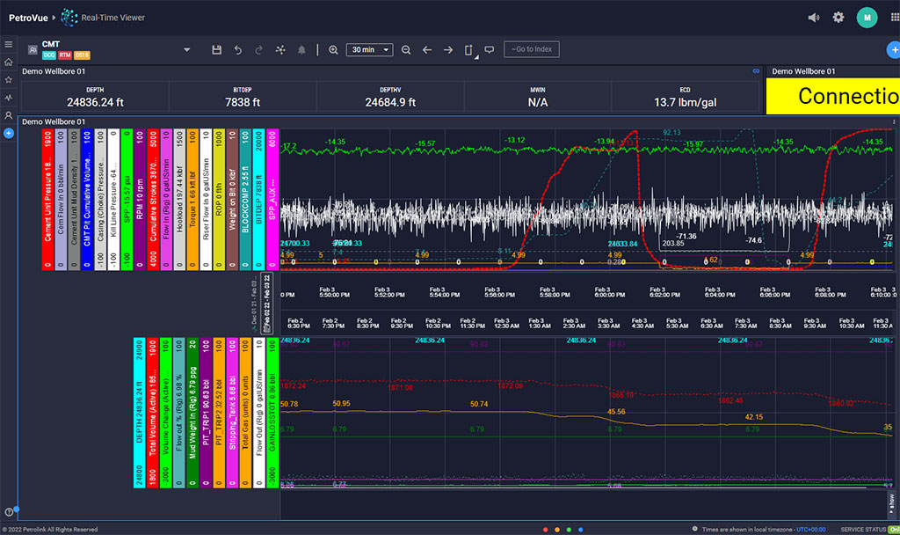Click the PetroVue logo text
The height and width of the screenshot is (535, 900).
click(x=27, y=17)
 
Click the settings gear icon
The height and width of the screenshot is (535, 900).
click(x=838, y=17)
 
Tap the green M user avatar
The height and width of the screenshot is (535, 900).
click(x=867, y=17)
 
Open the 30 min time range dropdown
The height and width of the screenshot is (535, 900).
click(x=369, y=50)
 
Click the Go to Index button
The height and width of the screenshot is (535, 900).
click(x=531, y=49)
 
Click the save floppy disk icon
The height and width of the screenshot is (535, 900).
click(x=216, y=50)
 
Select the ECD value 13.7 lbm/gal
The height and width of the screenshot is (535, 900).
click(x=685, y=102)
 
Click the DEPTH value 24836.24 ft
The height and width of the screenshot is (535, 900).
click(x=95, y=102)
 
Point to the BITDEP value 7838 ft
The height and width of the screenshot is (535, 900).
click(x=243, y=102)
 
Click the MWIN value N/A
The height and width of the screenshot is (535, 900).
click(x=538, y=102)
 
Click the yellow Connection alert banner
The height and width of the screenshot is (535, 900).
click(x=832, y=96)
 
